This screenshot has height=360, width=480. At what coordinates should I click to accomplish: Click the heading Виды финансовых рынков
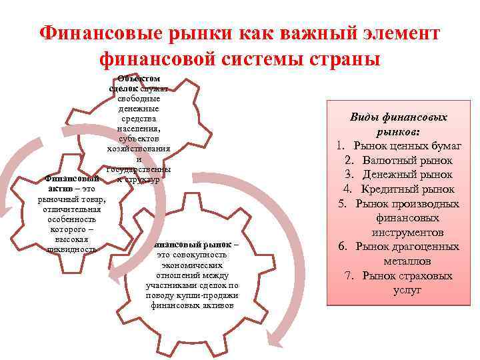click(399, 123)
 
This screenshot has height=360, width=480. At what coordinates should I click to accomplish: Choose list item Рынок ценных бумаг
click(407, 146)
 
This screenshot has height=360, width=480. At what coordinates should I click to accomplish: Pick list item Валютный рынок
click(407, 161)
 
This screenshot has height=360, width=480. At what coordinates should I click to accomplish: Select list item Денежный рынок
click(407, 175)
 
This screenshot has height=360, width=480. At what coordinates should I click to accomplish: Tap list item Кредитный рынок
click(407, 189)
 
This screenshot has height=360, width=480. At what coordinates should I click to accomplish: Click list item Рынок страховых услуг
click(407, 283)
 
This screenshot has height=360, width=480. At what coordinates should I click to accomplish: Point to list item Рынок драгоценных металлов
click(407, 253)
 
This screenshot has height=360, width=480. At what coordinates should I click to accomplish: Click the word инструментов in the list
click(408, 233)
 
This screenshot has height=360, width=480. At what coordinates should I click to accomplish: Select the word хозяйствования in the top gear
click(139, 148)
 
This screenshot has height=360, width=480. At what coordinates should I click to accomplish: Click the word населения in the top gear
click(139, 128)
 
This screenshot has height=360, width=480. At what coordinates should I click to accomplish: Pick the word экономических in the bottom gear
click(192, 265)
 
